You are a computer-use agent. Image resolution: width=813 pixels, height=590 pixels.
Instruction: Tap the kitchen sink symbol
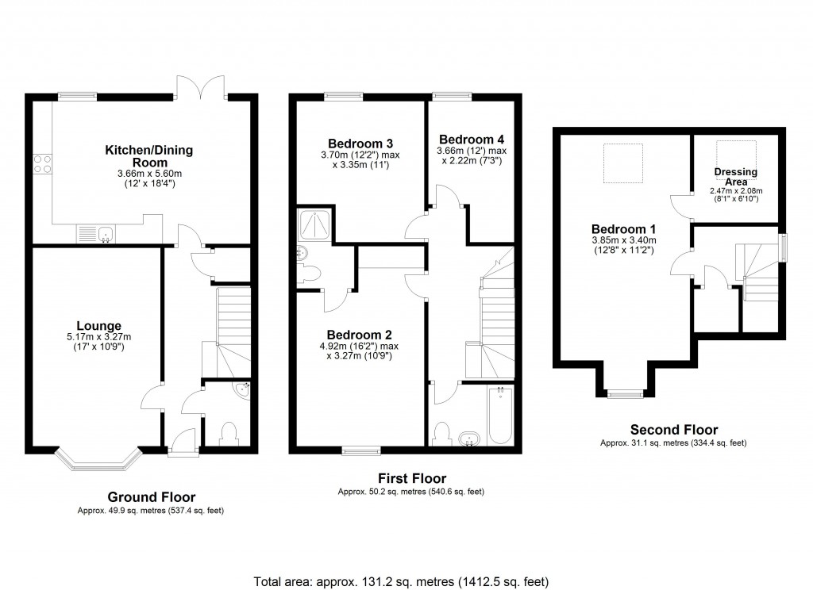pos(96,233)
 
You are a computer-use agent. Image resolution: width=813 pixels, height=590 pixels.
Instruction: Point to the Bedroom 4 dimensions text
pos(471,155)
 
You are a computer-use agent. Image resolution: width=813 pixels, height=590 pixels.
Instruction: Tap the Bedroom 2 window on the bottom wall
pos(361,451)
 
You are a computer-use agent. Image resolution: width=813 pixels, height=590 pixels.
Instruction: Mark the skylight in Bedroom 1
pos(623,162)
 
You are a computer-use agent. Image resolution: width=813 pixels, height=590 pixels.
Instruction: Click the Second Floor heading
pos(673,430)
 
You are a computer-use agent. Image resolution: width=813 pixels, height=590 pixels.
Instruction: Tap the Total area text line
pos(401,581)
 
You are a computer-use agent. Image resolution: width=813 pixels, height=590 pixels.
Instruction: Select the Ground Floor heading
pos(150,497)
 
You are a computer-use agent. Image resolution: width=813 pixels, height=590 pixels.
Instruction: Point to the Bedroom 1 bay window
pos(624,393)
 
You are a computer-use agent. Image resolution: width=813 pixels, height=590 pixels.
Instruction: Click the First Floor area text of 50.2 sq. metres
pos(410,492)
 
